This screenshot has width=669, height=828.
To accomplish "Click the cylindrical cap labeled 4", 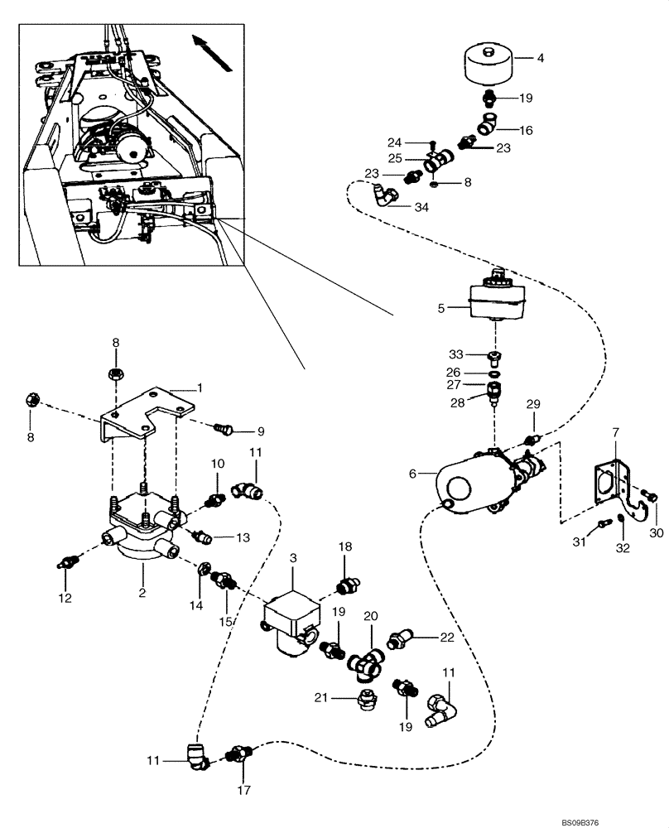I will pyautogui.click(x=486, y=65).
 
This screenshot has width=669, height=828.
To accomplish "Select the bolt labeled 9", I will pyautogui.click(x=222, y=429).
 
